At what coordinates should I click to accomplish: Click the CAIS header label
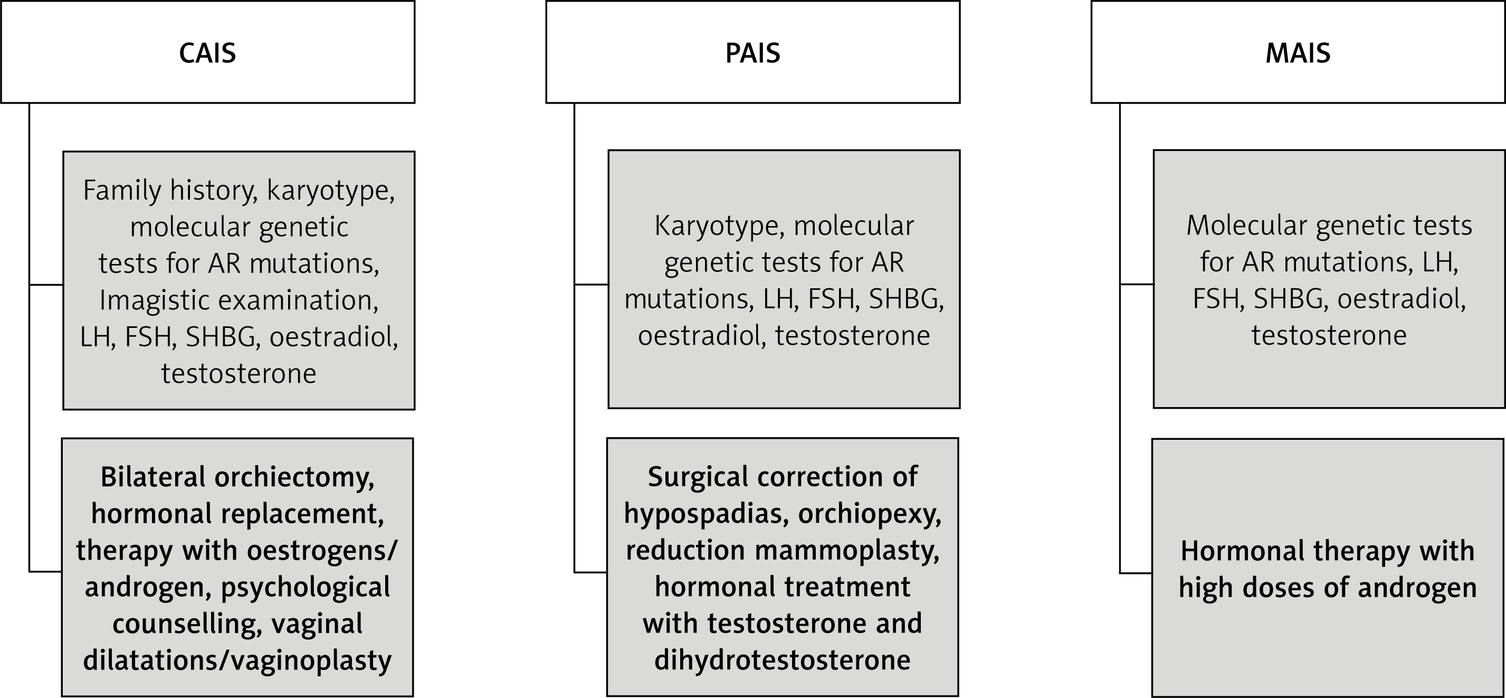[207, 53]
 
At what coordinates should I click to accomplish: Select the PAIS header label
[752, 53]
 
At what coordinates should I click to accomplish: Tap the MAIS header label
[1298, 53]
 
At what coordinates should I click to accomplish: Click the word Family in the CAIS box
[121, 191]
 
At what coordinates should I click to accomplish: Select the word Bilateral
[152, 477]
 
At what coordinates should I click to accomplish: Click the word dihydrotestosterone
[782, 661]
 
